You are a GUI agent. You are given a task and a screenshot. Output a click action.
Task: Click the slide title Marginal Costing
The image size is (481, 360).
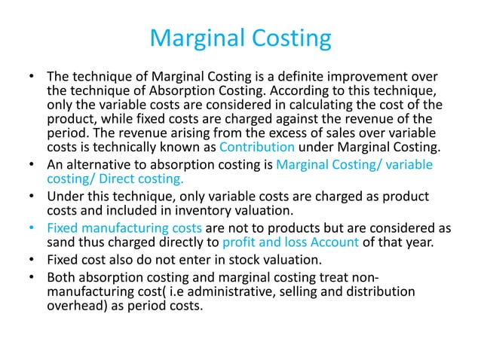click(x=240, y=37)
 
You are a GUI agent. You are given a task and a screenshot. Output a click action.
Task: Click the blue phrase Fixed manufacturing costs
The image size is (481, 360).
click(x=124, y=227)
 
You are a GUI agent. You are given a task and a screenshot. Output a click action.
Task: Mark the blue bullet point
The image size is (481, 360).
click(x=29, y=227)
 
